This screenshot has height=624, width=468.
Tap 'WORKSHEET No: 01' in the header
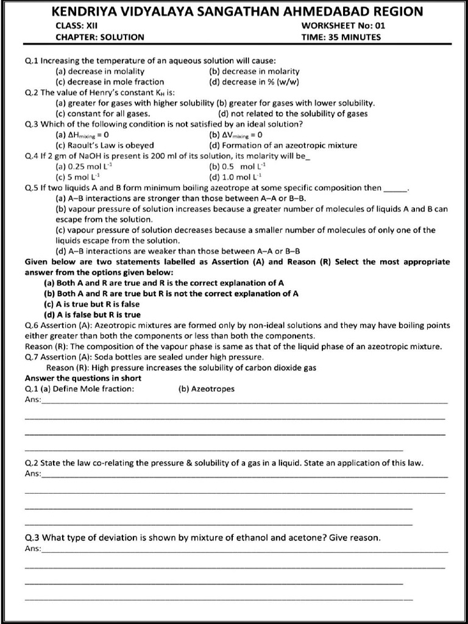(x=343, y=26)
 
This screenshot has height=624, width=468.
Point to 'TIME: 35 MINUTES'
(x=341, y=37)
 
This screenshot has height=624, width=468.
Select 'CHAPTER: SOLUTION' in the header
(x=100, y=37)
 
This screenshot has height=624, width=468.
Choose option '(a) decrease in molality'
(x=100, y=71)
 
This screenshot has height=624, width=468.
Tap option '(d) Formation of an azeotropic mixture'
(x=283, y=145)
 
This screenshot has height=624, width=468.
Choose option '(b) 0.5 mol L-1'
(x=237, y=166)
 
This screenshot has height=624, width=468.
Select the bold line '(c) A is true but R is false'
(x=92, y=304)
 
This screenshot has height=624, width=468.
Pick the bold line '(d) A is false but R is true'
(x=93, y=314)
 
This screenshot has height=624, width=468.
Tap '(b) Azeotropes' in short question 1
(x=207, y=389)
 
